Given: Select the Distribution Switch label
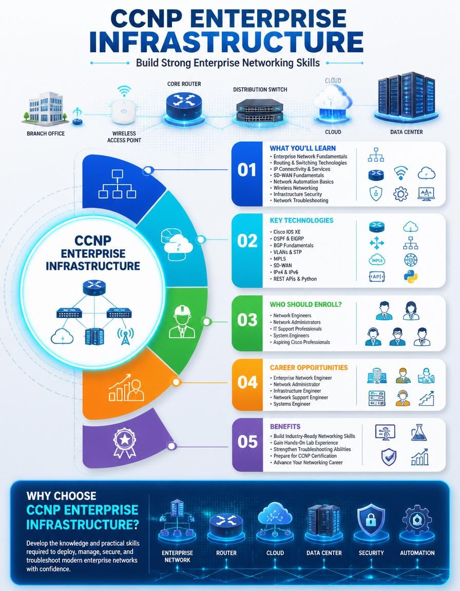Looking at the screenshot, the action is coord(260,90).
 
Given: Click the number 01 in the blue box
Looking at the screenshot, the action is coord(247,170).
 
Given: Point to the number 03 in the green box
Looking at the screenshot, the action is coord(247,320).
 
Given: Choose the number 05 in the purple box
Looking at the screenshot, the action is coord(247,442).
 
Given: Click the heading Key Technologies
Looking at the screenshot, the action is coord(301,221).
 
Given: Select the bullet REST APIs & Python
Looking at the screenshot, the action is coord(295,279).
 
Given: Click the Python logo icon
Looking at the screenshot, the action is coord(410,277).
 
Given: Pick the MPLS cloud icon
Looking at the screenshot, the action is coord(377,260).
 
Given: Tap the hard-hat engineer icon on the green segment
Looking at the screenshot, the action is coord(182,322).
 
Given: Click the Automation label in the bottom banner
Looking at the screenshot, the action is coord(417,553).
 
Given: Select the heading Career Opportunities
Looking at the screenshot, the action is coord(309,367).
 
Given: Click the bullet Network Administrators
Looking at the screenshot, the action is coord(297,322).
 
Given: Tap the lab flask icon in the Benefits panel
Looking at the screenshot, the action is coord(419,432).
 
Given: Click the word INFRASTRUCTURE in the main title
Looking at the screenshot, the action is coord(226,42).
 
